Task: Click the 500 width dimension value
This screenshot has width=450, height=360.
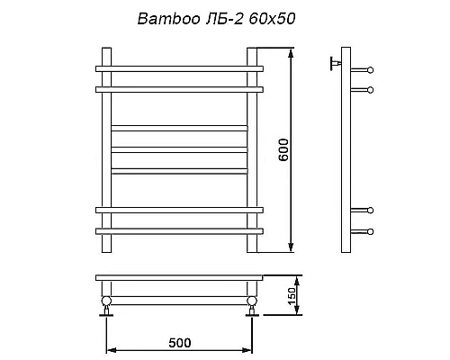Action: [180, 343]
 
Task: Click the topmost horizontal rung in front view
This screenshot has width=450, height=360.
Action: [179, 68]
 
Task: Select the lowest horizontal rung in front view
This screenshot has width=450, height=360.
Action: [179, 231]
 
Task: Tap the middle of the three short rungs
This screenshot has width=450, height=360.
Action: [179, 148]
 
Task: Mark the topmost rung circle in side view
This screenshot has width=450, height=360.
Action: [370, 68]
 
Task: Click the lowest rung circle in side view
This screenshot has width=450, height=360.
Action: [370, 231]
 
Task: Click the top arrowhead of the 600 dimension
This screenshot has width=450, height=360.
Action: [292, 52]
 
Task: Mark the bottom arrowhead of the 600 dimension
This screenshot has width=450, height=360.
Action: [292, 249]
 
